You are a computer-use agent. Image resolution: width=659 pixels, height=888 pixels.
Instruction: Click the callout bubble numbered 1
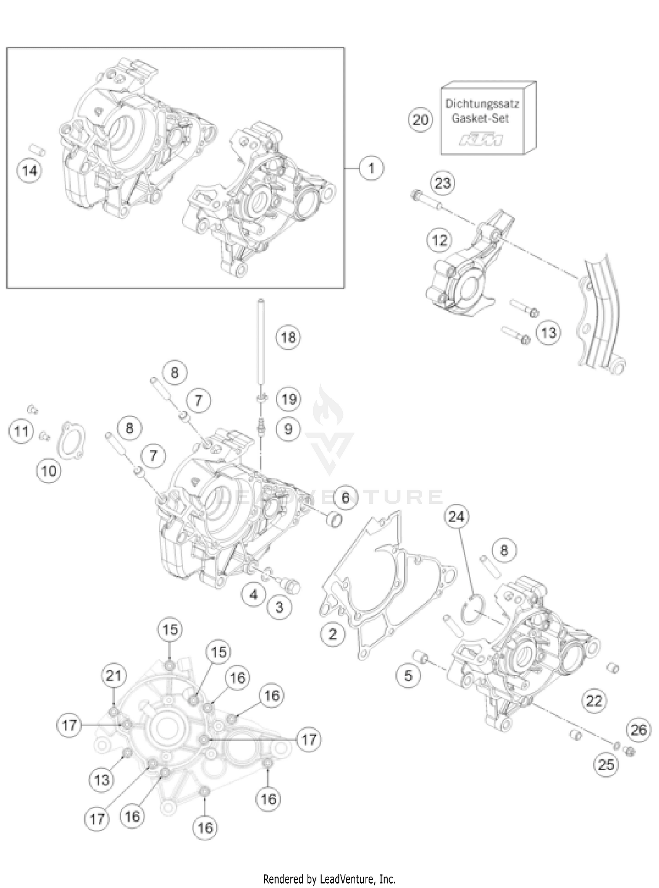(371, 168)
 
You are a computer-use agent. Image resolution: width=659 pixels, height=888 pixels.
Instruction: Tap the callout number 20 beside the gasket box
(420, 120)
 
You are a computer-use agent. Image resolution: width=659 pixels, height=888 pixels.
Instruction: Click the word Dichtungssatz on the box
(482, 104)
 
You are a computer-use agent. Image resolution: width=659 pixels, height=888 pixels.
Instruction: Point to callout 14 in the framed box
(30, 170)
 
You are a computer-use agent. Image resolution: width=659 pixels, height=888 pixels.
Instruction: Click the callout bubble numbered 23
(442, 183)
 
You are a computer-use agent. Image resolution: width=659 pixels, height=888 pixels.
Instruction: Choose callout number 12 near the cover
(439, 240)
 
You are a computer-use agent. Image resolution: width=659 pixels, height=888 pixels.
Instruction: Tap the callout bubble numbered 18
(288, 337)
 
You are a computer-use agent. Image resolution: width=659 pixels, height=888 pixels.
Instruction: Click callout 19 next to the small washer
(289, 399)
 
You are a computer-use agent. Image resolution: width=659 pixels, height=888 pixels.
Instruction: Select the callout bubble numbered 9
(288, 429)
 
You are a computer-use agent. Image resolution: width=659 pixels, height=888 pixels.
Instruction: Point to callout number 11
(22, 431)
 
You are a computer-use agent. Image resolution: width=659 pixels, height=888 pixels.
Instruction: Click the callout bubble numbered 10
(49, 471)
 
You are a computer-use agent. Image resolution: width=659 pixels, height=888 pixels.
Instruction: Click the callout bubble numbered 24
(456, 517)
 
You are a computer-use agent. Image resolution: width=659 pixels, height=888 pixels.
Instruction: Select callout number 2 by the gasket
(333, 633)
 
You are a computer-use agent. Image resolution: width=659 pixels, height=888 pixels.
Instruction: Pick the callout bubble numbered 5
(409, 675)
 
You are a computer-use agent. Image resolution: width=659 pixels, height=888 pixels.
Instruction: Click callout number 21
(114, 675)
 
